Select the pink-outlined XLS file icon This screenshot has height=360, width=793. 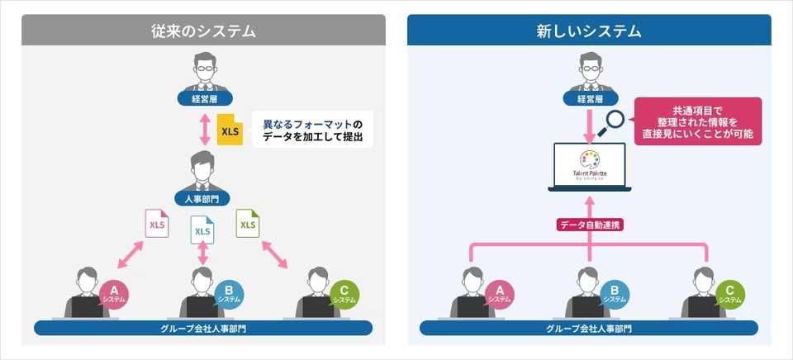coord(156,224)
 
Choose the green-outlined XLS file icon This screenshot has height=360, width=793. coord(248,224)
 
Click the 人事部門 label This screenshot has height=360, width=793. coord(202,198)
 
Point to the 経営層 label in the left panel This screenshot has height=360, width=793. coord(202,99)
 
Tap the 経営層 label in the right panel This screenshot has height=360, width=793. coord(589,99)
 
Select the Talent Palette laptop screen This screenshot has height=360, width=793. coord(589,164)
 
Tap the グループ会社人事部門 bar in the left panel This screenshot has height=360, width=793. coord(202,329)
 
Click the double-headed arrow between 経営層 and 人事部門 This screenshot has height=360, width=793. coord(202,130)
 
